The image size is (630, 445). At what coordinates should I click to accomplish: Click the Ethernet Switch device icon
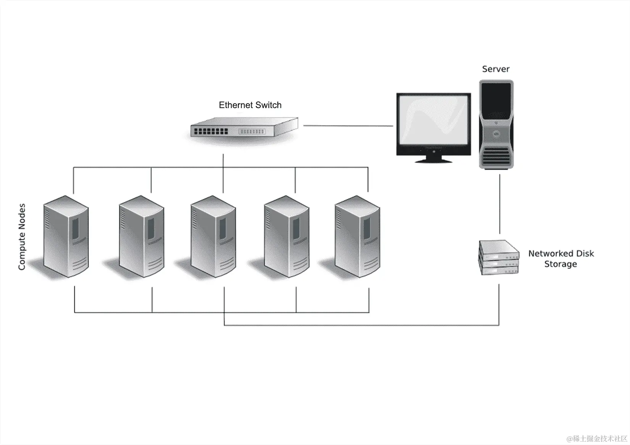pos(244,128)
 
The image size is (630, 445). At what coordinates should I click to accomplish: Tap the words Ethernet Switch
pos(250,105)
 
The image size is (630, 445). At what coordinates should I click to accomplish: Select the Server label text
pos(496,69)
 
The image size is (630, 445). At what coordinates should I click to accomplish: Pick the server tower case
pos(496,124)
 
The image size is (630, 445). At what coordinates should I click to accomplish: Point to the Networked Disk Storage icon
pos(499,257)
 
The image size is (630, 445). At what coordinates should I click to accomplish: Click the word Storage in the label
pos(560,264)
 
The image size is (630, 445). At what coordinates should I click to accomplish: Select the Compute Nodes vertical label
pos(22,237)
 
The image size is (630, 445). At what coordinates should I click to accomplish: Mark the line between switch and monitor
pos(347,125)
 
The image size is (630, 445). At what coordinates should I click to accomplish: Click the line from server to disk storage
pos(500,204)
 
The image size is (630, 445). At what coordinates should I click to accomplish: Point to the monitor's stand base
pos(433,160)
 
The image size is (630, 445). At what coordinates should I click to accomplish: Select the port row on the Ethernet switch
pos(211,132)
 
